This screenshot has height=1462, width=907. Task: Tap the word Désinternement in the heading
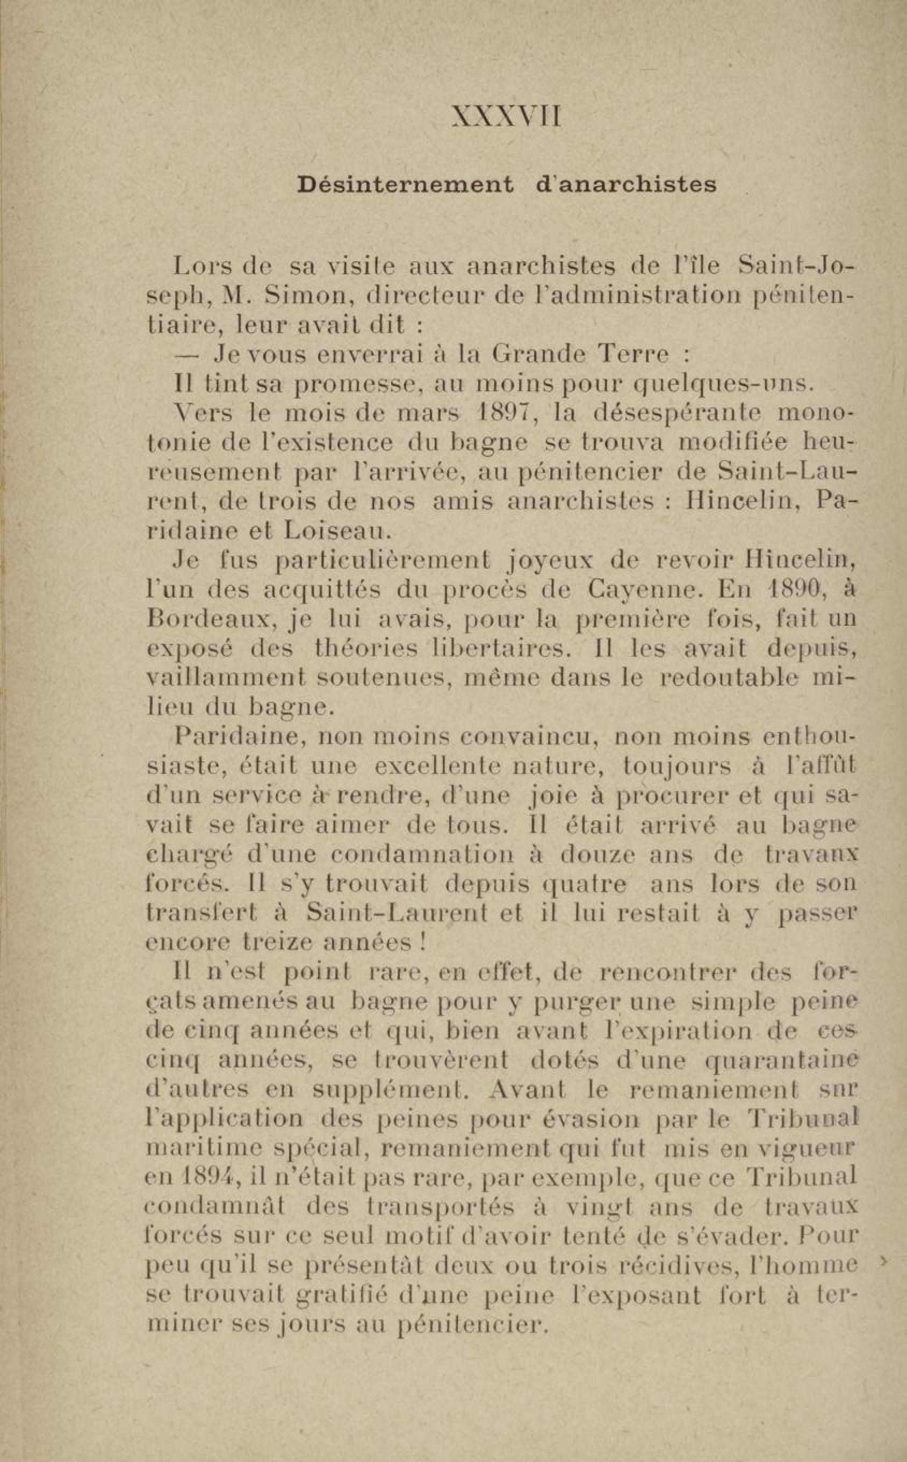[406, 184]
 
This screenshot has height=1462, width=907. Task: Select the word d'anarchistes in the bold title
[625, 184]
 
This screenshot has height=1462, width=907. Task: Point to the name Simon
[309, 296]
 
